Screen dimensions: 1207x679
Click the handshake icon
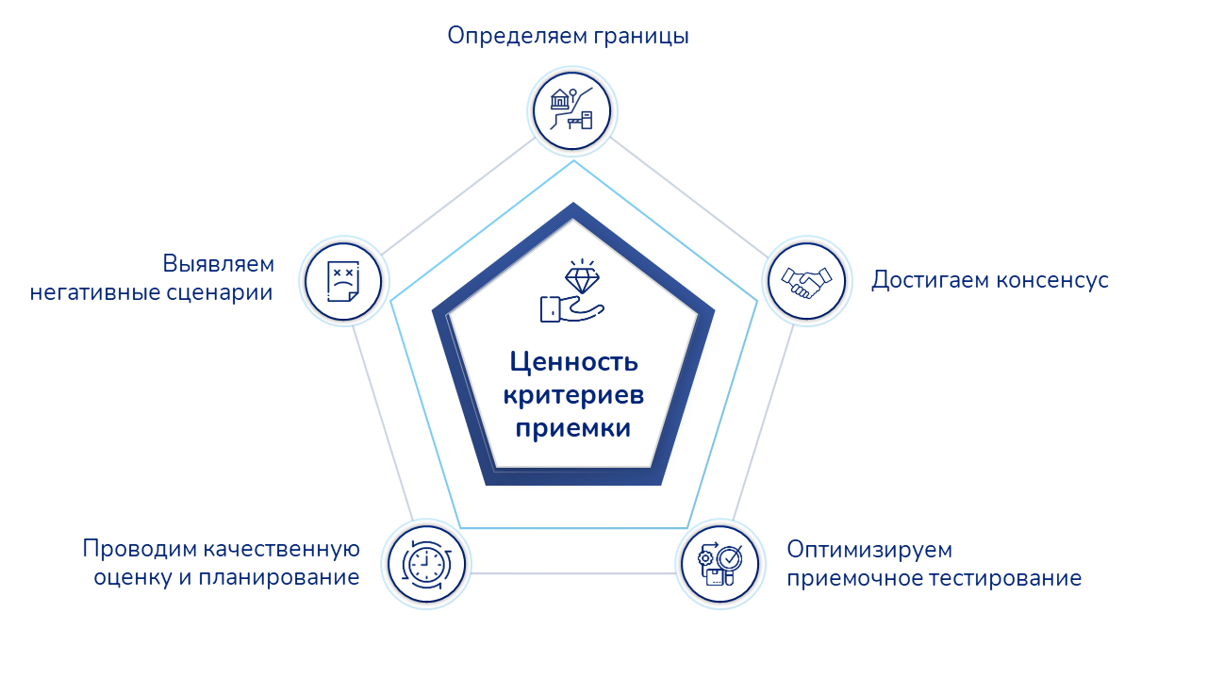[x=805, y=281]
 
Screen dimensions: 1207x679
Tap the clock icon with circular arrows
[x=426, y=564]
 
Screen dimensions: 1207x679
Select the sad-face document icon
[x=342, y=281]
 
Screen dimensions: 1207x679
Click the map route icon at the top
[x=572, y=111]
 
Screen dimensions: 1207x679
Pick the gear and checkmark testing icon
[x=720, y=564]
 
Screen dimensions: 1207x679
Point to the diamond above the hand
[x=581, y=278]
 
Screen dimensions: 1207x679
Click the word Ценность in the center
[x=574, y=361]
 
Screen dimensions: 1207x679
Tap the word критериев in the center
[x=573, y=395]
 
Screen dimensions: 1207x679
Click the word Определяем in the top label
[x=516, y=36]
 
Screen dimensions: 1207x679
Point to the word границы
[x=642, y=36]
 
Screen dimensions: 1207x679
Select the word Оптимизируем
[x=869, y=549]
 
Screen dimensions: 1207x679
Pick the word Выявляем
[x=218, y=263]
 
